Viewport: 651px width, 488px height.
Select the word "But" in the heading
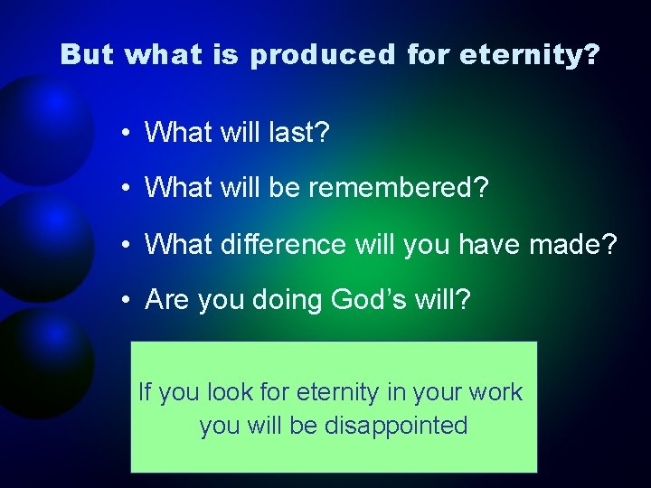[87, 55]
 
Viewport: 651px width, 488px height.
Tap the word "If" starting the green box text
[144, 392]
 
